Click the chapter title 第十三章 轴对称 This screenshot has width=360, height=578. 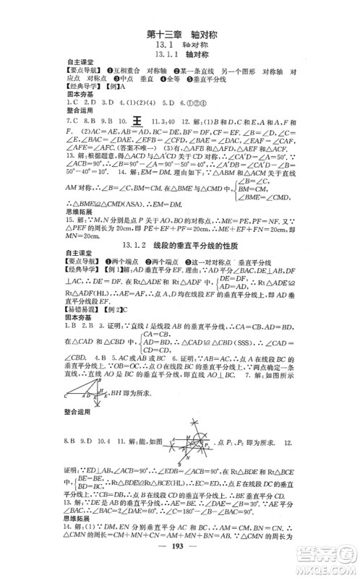click(x=179, y=33)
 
